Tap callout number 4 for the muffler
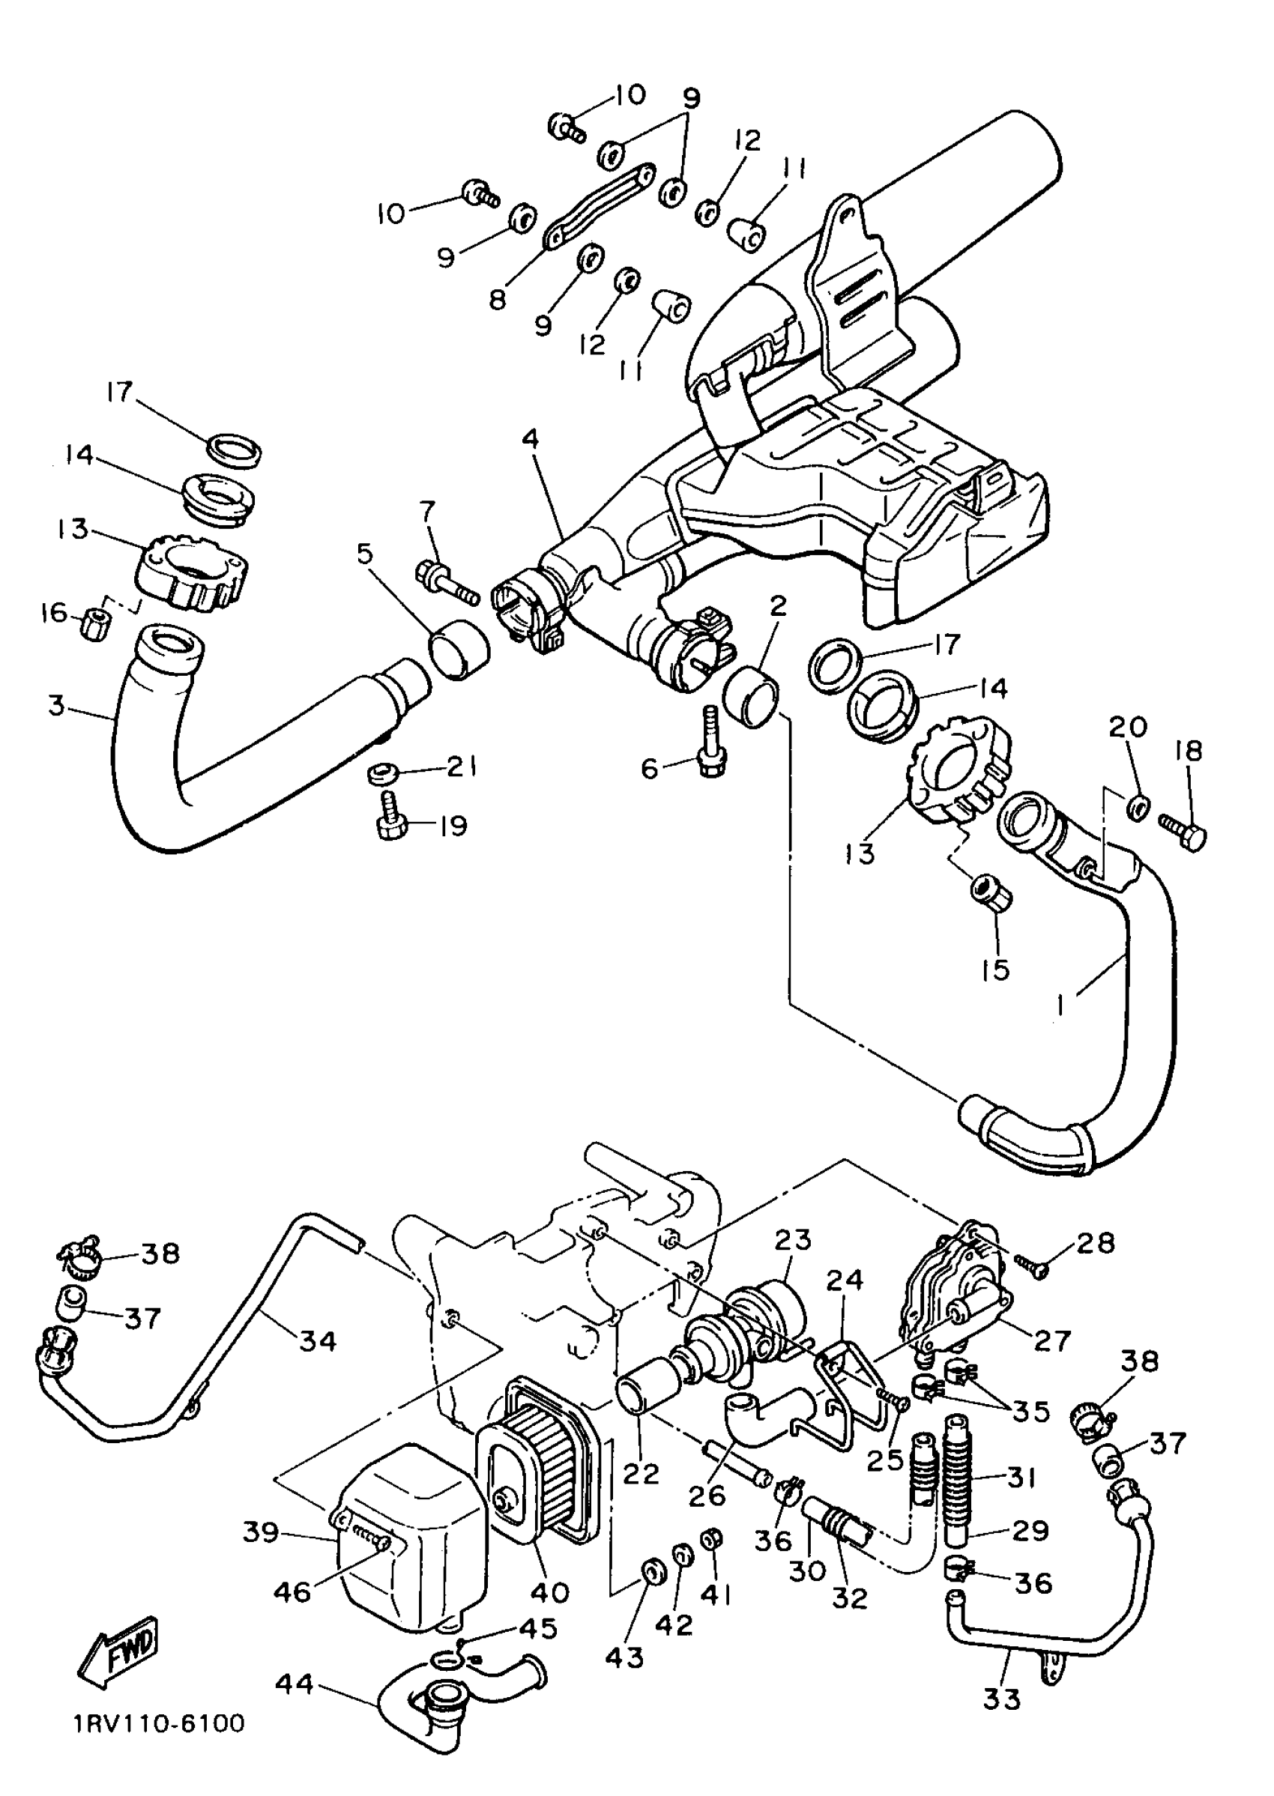pyautogui.click(x=531, y=439)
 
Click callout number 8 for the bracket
pyautogui.click(x=498, y=299)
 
